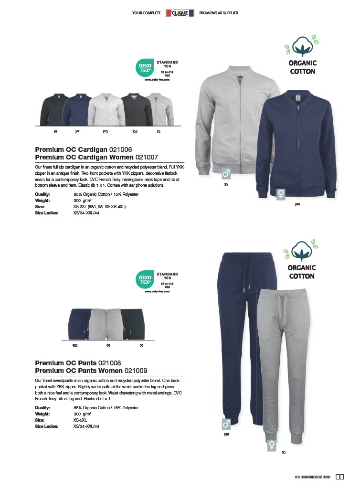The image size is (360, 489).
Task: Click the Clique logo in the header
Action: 180,13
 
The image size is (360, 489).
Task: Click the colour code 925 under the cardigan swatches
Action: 105,130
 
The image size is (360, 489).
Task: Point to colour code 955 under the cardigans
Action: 135,130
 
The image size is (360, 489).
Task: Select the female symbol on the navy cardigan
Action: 282,194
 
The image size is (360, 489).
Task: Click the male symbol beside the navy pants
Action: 226,424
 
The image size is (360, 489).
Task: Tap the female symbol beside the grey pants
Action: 272,445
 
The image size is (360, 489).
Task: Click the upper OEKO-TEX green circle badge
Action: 145,67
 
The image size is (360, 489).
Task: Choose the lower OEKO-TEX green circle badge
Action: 145,280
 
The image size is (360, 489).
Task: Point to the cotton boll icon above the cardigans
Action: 303,48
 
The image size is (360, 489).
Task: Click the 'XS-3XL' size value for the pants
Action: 80,420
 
